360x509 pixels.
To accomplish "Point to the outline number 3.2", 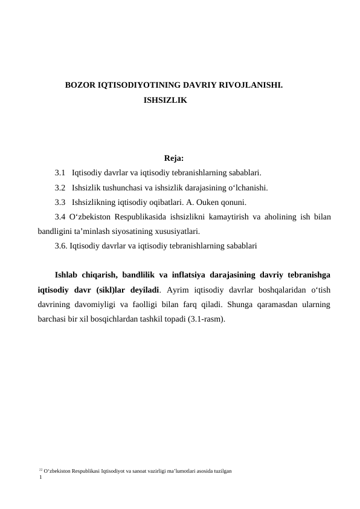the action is (x=60, y=187).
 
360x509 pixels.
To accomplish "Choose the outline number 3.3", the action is (x=60, y=202).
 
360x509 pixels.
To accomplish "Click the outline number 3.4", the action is (x=60, y=216).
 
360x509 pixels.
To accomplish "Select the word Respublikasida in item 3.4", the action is (x=144, y=216).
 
